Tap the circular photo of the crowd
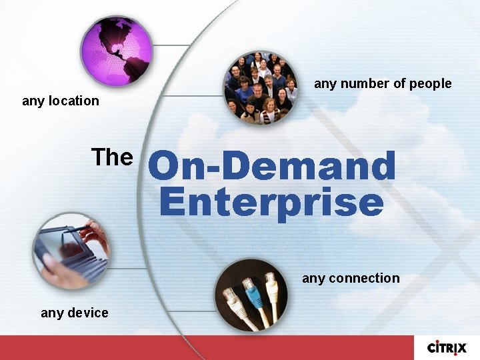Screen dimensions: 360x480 260,88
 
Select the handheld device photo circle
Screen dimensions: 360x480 71,251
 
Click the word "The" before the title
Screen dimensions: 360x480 112,157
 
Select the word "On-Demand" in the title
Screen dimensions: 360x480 272,166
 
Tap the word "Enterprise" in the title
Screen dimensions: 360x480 271,202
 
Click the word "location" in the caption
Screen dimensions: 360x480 73,101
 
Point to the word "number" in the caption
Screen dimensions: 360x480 361,83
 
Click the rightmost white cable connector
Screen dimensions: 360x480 271,284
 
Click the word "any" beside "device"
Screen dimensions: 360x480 52,313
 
